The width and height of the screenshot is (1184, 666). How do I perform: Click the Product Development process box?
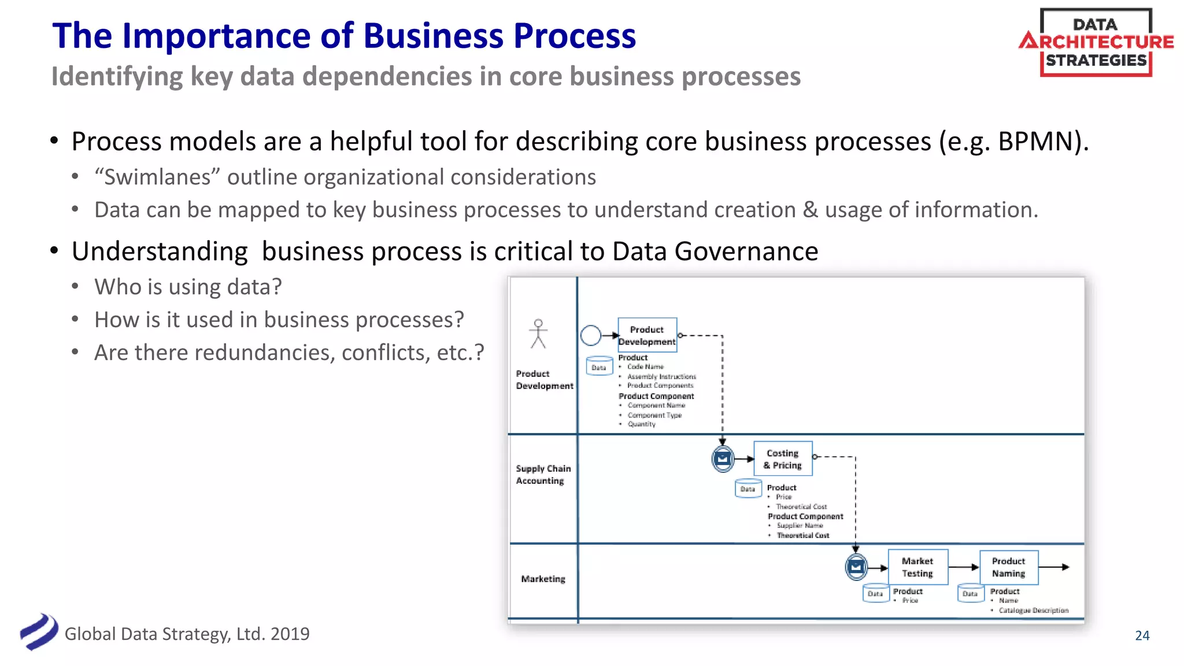point(647,335)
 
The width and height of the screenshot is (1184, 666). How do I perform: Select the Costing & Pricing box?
point(783,459)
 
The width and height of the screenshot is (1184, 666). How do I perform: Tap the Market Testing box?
point(917,567)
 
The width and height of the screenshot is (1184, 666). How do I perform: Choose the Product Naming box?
point(1009,567)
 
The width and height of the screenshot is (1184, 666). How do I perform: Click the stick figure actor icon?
point(538,334)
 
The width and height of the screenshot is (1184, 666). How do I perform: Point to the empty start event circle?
point(591,335)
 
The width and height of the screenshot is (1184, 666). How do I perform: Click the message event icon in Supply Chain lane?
point(723,459)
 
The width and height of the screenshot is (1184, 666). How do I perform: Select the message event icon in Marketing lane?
point(856,567)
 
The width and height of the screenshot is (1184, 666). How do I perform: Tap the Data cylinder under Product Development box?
point(599,367)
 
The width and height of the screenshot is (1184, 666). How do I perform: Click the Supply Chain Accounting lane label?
point(543,475)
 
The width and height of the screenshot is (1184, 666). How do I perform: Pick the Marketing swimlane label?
point(543,579)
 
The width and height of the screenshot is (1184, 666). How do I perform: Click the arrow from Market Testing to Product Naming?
point(964,567)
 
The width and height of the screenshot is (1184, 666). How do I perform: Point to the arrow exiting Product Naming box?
point(1054,567)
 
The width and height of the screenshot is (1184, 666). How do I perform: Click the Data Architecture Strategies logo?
point(1096,42)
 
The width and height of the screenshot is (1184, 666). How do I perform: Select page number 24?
point(1142,635)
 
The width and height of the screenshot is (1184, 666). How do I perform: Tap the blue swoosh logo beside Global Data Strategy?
point(39,632)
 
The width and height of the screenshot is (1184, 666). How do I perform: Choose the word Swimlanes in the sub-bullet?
point(158,177)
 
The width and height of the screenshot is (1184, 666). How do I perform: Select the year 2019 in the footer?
point(290,634)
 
